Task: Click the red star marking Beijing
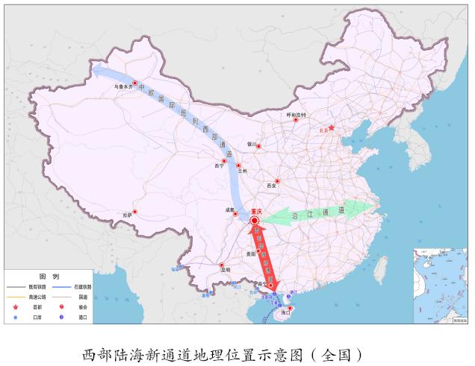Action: (332, 127)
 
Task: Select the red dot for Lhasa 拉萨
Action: (134, 211)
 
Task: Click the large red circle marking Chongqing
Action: (255, 221)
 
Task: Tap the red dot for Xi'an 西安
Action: (277, 181)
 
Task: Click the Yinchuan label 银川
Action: (252, 144)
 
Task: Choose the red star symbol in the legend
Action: (15, 306)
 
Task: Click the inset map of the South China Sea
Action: (440, 285)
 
